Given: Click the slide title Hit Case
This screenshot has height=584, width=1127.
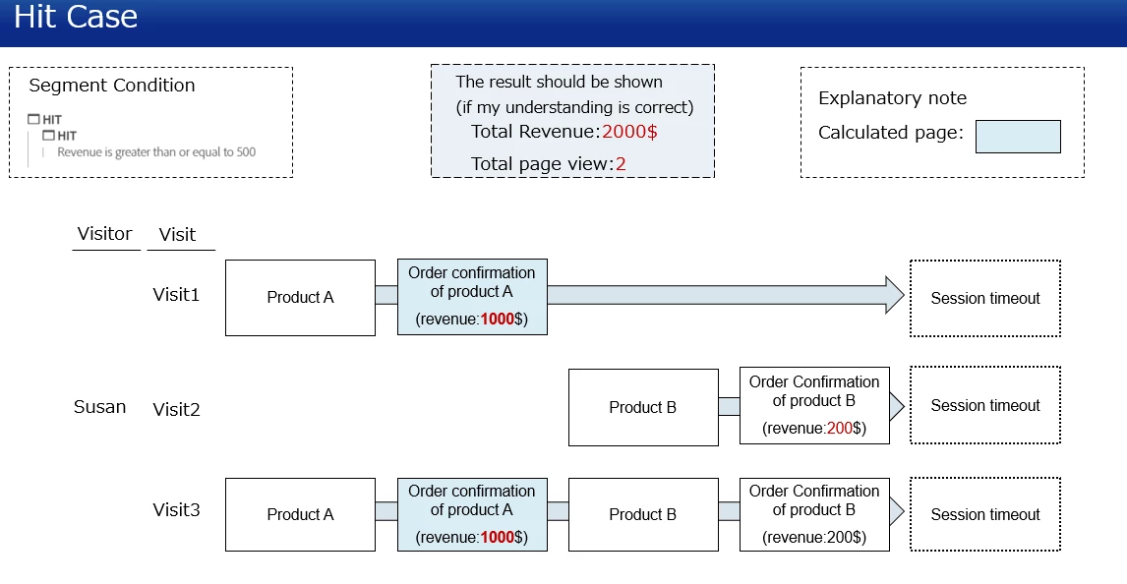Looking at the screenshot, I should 76,18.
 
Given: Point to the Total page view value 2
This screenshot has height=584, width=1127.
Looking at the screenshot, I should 621,164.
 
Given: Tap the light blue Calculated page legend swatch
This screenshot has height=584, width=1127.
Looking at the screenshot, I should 1018,137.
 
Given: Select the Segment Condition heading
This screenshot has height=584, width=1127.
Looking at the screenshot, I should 112,86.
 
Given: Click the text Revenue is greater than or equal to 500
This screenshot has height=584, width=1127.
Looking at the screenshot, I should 156,152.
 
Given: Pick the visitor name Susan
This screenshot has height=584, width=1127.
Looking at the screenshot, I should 100,407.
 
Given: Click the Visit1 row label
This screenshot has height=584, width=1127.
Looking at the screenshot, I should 176,294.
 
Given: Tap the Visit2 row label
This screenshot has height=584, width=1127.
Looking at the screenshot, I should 176,410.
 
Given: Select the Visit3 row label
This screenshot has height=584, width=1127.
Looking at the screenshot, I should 176,510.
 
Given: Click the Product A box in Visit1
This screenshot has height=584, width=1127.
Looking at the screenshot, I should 300,298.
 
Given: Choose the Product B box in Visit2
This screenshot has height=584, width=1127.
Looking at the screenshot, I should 643,408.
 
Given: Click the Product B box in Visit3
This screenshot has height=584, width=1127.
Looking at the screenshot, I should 643,514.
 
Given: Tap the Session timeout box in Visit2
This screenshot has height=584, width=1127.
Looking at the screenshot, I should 985,405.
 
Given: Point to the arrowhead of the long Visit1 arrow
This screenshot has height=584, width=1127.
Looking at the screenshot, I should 894,295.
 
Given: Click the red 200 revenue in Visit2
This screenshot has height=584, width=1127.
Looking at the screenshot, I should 839,429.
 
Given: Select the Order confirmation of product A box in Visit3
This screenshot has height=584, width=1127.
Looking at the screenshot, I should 472,514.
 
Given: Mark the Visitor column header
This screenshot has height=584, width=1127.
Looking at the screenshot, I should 104,234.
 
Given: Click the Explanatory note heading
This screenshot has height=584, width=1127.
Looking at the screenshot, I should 892,98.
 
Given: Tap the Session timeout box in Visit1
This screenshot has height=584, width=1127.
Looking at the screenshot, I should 985,298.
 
